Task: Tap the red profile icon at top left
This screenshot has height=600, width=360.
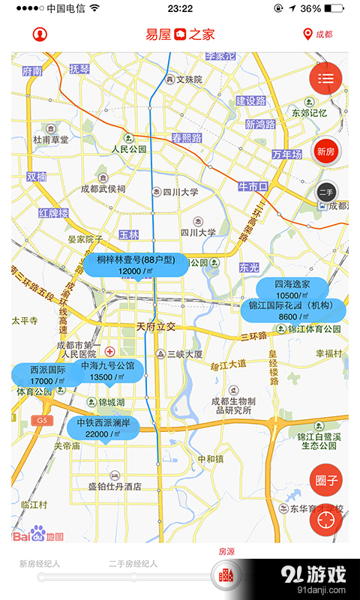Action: (39, 34)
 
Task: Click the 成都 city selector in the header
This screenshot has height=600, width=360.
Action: (317, 34)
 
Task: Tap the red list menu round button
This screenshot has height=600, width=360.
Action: (325, 77)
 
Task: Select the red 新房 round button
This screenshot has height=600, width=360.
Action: (325, 151)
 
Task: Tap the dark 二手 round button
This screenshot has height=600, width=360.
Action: (326, 193)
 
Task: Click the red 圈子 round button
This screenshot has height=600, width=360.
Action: (325, 481)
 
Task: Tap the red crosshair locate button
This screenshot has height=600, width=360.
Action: (325, 520)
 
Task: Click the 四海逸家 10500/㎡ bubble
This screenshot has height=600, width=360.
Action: (292, 289)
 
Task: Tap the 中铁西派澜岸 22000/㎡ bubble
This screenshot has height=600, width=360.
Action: (103, 428)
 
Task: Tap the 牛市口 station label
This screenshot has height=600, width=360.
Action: (253, 186)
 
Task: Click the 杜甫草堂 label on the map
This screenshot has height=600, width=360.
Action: (51, 139)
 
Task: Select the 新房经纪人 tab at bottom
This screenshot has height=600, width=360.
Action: (40, 563)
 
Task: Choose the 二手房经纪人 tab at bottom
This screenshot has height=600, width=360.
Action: (133, 563)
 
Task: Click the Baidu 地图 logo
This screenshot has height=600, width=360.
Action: (39, 534)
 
